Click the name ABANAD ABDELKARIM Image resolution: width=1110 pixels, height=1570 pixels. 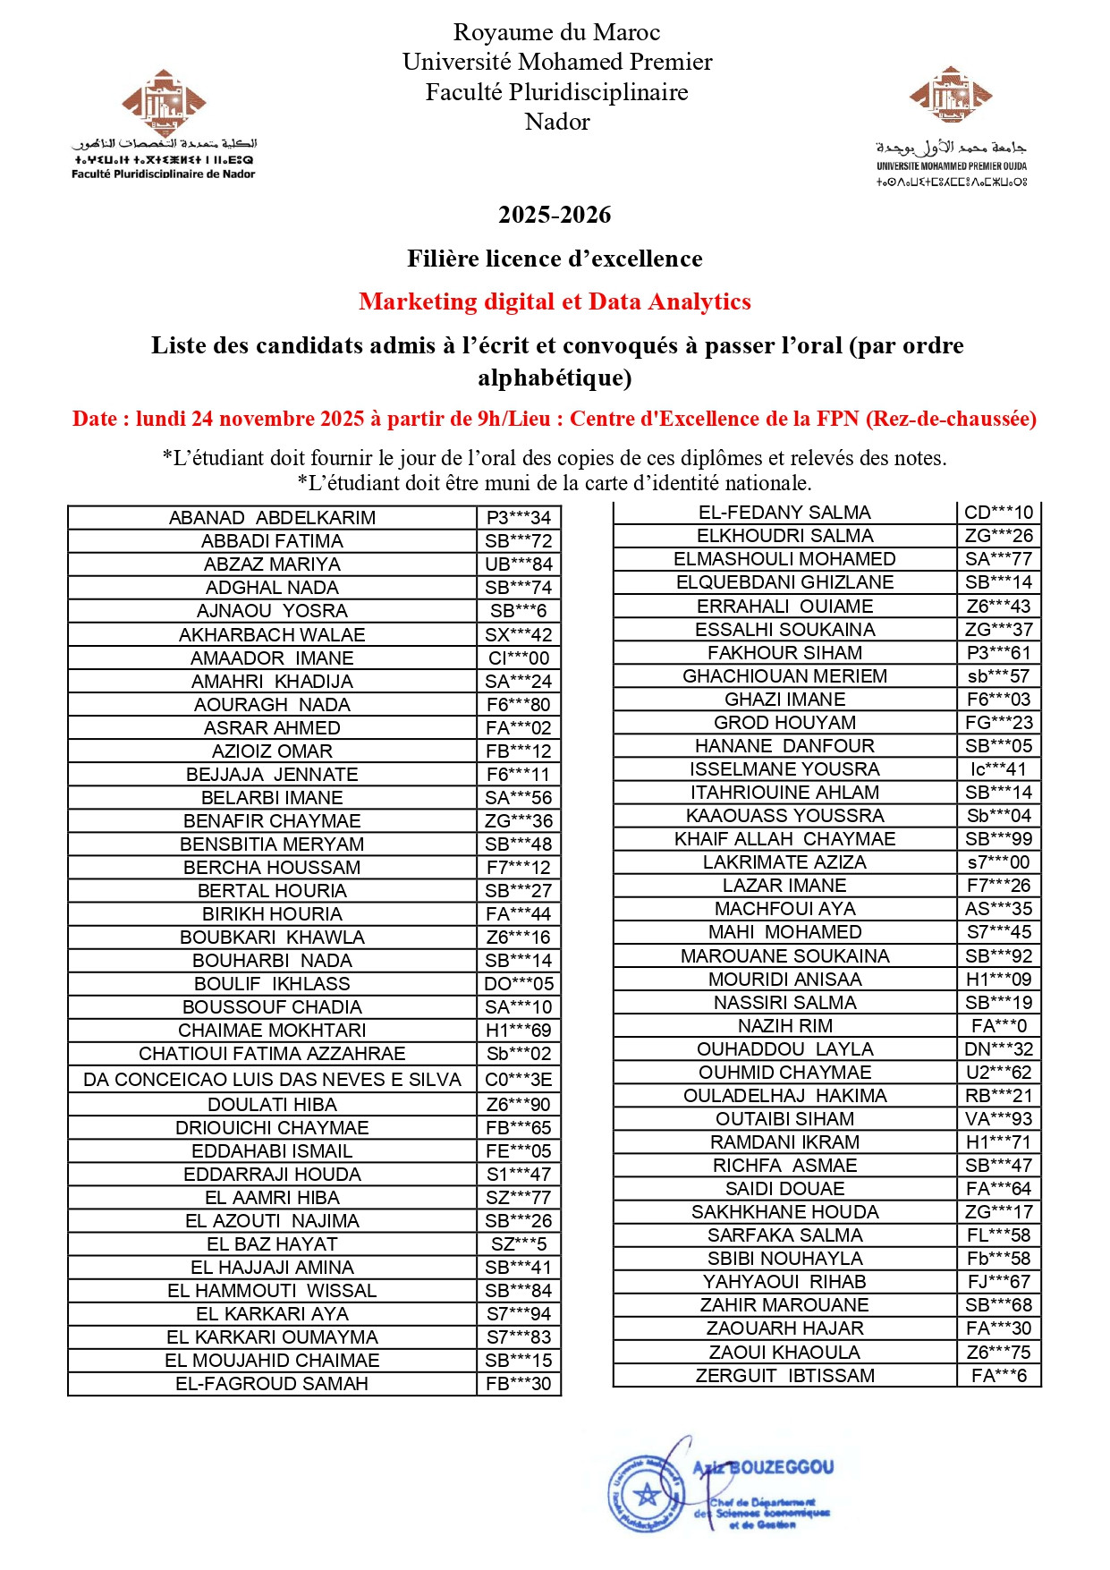(x=272, y=518)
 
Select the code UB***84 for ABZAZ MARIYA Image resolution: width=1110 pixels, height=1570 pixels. (x=519, y=564)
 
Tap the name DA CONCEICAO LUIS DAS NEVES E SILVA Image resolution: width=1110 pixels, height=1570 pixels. (x=272, y=1080)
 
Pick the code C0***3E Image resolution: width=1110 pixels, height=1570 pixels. (x=519, y=1080)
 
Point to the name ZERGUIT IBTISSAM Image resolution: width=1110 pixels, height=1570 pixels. (x=784, y=1376)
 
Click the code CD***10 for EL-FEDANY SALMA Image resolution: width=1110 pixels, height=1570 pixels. (x=998, y=513)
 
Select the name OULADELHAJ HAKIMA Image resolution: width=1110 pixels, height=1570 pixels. (x=784, y=1096)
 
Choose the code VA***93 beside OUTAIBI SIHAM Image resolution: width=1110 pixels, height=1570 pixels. (x=998, y=1119)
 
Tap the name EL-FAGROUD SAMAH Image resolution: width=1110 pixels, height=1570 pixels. (x=272, y=1384)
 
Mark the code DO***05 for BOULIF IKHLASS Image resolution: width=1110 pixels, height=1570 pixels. (x=519, y=984)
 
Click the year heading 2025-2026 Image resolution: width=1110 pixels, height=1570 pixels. (x=555, y=216)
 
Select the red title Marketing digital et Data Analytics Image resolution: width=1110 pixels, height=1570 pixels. (x=555, y=301)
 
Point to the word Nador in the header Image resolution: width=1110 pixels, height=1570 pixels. (x=557, y=122)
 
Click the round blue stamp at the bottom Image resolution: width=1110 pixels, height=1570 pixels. (x=646, y=1493)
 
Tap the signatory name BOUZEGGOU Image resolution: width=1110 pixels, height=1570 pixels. (x=781, y=1467)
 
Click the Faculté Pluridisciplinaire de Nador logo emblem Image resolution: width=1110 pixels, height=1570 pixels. (x=164, y=104)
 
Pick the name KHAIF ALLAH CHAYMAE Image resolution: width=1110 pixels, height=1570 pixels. (x=784, y=839)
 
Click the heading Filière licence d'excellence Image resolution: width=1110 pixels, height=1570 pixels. (x=555, y=259)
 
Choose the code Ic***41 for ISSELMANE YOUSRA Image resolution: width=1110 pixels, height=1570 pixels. (x=998, y=769)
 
